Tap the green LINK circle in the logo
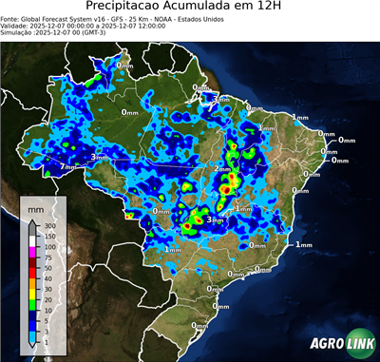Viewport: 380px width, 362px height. tap(352, 345)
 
